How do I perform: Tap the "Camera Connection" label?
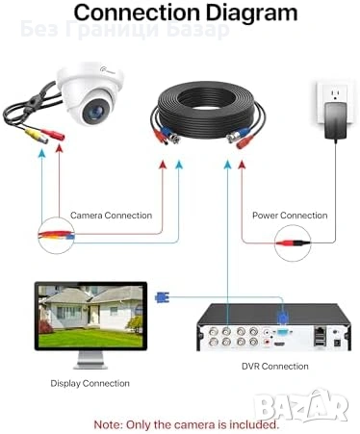tap(111, 216)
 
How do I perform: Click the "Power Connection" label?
tap(290, 216)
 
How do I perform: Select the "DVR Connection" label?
tap(275, 366)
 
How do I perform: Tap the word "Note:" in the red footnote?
tap(108, 422)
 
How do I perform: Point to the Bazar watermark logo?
tap(321, 404)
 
